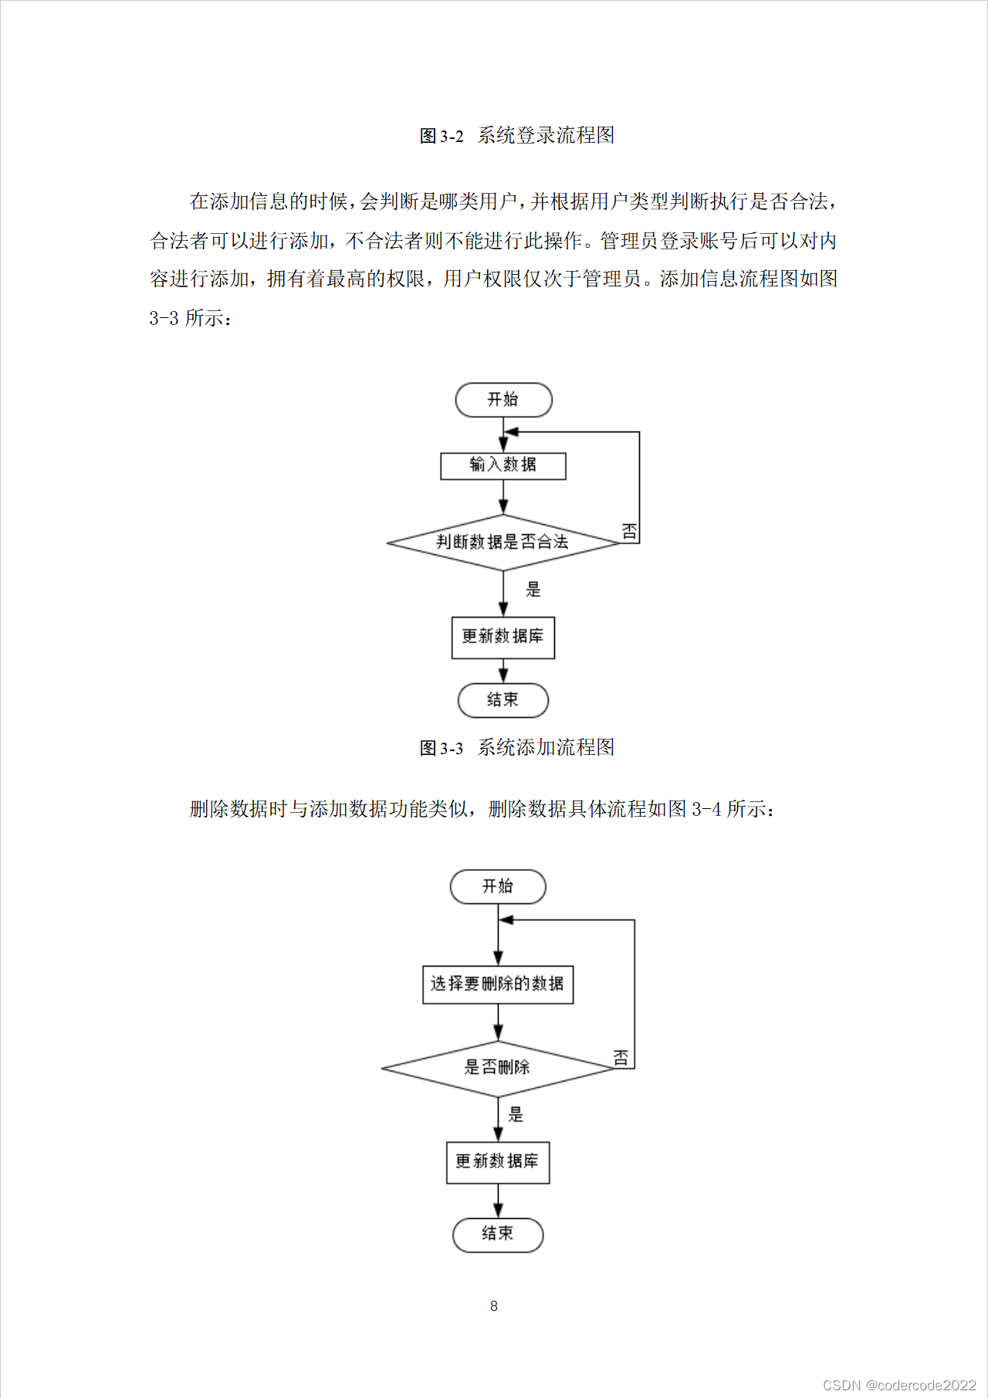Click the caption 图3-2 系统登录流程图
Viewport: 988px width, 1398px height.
tap(516, 136)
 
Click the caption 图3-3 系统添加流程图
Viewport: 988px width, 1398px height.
tap(516, 747)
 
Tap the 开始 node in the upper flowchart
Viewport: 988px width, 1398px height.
tap(503, 400)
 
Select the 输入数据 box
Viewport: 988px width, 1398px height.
tap(503, 465)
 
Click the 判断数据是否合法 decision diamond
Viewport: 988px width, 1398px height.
tap(502, 543)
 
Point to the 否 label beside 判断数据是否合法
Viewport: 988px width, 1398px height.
tap(629, 531)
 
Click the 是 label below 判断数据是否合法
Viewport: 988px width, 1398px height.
tap(533, 590)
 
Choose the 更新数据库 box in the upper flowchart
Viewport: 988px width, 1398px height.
tap(503, 637)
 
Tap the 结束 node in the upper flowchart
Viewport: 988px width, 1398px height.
tap(503, 700)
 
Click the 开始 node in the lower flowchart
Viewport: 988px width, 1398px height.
tap(498, 886)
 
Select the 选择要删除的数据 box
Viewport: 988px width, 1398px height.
tap(498, 984)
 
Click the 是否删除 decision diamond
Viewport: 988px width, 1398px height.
tap(497, 1068)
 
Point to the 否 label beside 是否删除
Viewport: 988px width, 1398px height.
tap(621, 1058)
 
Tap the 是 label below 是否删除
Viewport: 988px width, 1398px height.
tap(516, 1115)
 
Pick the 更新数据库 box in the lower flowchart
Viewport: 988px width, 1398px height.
tap(498, 1162)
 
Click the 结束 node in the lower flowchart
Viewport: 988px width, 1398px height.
tap(498, 1234)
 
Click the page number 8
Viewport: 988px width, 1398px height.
tap(494, 1306)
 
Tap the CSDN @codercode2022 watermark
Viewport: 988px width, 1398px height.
tap(899, 1385)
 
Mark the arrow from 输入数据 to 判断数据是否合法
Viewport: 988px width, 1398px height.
tap(503, 497)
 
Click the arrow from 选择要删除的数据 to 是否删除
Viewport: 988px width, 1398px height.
tap(498, 1023)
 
